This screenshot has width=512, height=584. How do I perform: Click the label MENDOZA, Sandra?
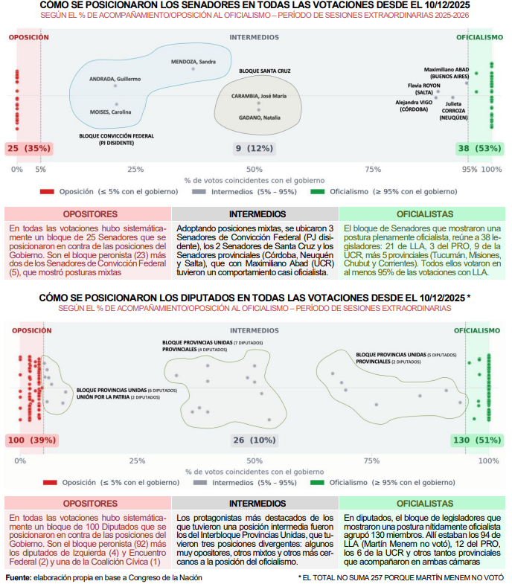pos(193,61)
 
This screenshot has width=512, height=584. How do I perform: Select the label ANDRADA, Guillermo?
pos(115,78)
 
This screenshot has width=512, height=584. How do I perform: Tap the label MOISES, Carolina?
pos(110,112)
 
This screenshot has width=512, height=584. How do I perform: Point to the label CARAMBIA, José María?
pos(258,96)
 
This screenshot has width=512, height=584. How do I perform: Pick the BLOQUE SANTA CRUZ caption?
pos(264,70)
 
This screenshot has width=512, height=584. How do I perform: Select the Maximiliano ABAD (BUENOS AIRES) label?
pos(447,72)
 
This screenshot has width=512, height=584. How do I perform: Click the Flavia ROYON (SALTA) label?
pos(424,89)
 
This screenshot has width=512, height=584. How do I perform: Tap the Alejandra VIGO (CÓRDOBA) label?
pos(413,105)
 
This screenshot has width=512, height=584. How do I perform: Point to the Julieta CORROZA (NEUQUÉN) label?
pos(455,114)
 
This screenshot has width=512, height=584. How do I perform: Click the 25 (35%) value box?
pos(28,149)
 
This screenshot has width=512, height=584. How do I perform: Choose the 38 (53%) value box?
pos(479,149)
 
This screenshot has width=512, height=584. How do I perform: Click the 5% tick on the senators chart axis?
pos(40,170)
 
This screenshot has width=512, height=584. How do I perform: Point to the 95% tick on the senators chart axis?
pos(470,170)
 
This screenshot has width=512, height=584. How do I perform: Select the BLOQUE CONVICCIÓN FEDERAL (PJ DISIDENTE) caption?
pos(117,139)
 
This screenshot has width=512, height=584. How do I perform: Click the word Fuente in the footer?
pos(18,577)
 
